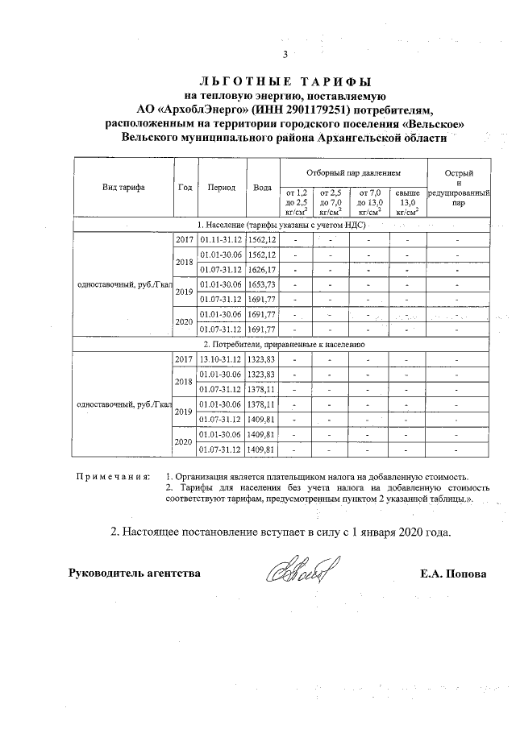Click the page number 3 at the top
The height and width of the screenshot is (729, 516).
pos(285,55)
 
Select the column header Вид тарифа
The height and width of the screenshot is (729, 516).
pos(123,187)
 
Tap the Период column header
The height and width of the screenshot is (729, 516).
pos(221,187)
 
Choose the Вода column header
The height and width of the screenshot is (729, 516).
pos(262,187)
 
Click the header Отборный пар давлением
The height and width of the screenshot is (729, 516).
pos(353,172)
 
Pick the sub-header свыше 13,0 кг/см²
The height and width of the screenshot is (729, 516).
pos(407,202)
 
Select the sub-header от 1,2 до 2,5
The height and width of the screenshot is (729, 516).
pos(297,202)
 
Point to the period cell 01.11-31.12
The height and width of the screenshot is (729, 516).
pos(221,239)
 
